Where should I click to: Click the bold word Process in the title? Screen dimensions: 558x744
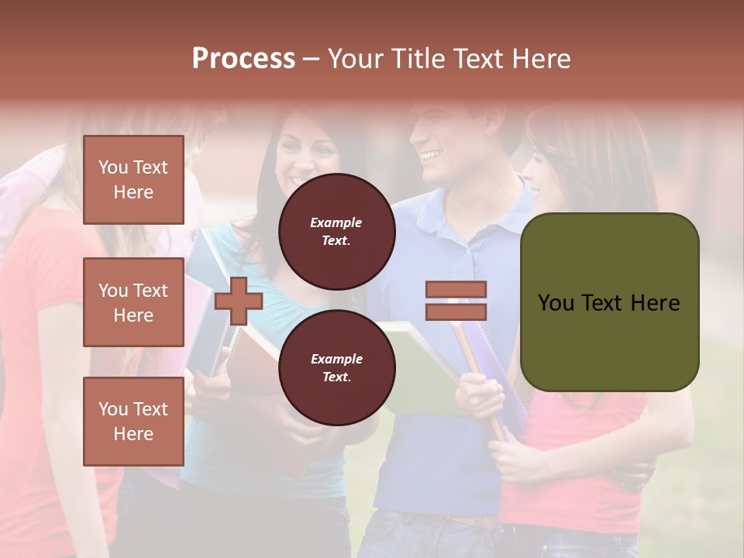click(243, 59)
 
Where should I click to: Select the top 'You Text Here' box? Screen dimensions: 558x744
click(133, 180)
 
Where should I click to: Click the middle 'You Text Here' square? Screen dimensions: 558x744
click(133, 302)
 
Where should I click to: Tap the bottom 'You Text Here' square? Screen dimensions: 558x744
click(133, 421)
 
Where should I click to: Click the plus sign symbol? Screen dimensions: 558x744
click(239, 301)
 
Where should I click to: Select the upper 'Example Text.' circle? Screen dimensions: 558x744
click(336, 231)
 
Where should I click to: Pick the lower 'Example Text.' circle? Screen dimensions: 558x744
click(336, 367)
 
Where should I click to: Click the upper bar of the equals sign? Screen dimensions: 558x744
click(456, 289)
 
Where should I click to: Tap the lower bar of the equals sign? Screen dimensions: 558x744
click(456, 312)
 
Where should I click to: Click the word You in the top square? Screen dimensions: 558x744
click(113, 167)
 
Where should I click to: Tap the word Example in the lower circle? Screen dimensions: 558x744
click(336, 359)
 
